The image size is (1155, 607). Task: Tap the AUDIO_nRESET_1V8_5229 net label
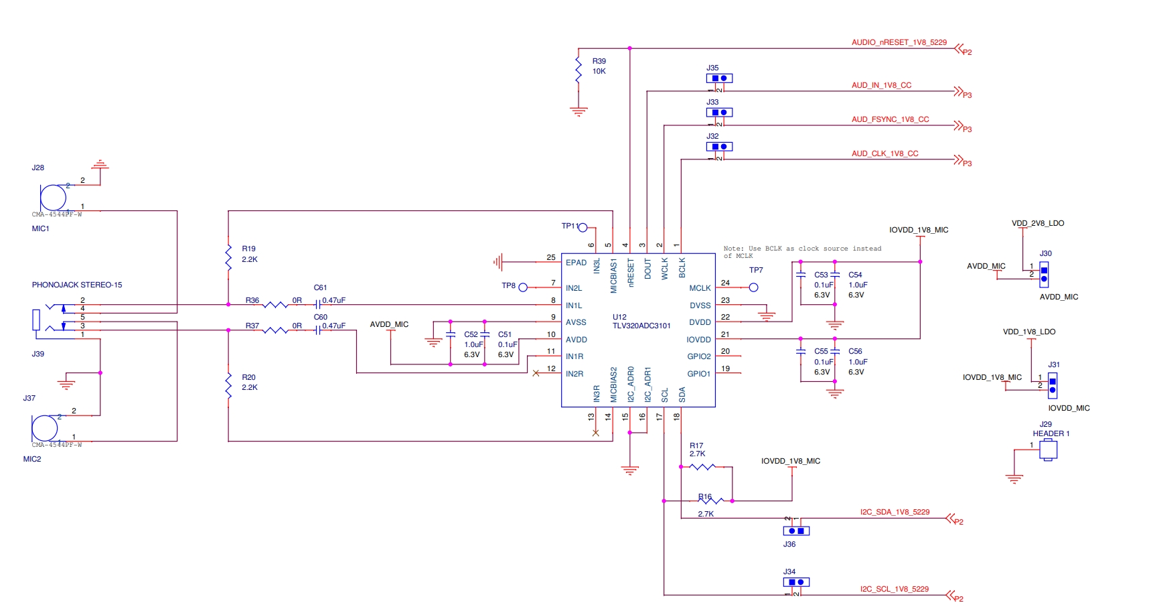[x=899, y=42]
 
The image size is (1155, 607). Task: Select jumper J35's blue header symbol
[x=719, y=78]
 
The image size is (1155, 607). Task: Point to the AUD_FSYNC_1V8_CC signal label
[x=890, y=119]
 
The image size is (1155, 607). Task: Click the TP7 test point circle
[x=753, y=287]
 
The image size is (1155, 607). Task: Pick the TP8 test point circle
[x=523, y=287]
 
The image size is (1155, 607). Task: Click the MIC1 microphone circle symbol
[x=53, y=198]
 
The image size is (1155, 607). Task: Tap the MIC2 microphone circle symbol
[x=45, y=428]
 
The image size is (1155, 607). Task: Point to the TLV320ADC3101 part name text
[x=641, y=326]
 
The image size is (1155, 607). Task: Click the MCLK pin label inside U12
[x=700, y=288]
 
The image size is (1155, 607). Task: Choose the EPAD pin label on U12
[x=576, y=263]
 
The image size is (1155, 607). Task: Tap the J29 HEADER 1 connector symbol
[x=1048, y=450]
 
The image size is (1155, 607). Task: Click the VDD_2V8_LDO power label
[x=1037, y=223]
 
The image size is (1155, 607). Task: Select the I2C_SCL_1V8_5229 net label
[x=894, y=589]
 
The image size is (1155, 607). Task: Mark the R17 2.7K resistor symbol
[x=702, y=467]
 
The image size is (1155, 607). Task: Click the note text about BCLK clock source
[x=801, y=252]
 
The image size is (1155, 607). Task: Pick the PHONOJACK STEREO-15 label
[x=77, y=285]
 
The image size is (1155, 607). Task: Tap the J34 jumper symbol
[x=796, y=582]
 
